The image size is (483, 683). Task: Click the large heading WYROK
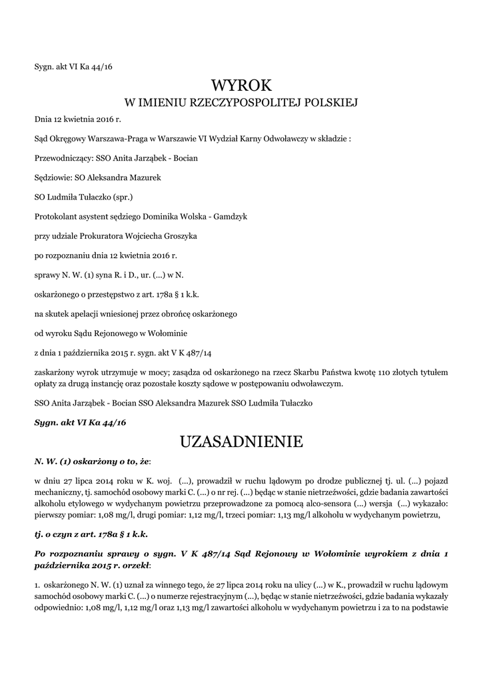[x=242, y=85]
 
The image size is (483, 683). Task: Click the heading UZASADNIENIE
[x=242, y=442]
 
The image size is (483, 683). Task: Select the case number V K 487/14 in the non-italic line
[x=198, y=352]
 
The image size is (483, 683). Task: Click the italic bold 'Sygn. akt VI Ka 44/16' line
[x=80, y=423]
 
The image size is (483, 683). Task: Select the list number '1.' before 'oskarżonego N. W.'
[x=37, y=584]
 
